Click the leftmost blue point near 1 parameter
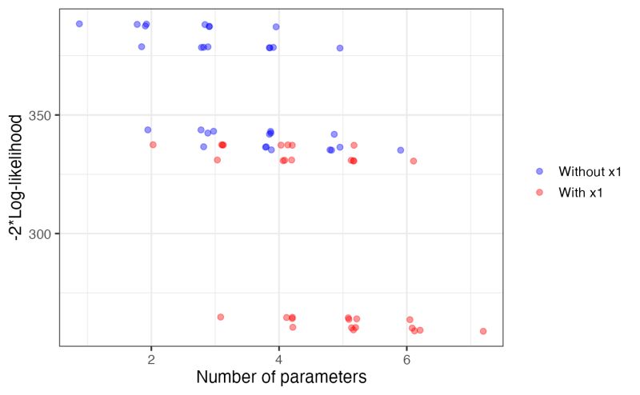pyautogui.click(x=79, y=24)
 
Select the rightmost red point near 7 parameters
pyautogui.click(x=483, y=331)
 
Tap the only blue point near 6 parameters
pyautogui.click(x=401, y=150)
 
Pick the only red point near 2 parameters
pyautogui.click(x=153, y=145)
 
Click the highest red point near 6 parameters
pyautogui.click(x=414, y=161)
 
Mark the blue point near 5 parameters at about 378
pyautogui.click(x=340, y=48)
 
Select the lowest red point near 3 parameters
pyautogui.click(x=221, y=317)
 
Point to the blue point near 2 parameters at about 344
pyautogui.click(x=148, y=130)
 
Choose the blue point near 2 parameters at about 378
pyautogui.click(x=142, y=46)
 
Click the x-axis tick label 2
pyautogui.click(x=151, y=359)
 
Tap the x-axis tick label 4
pyautogui.click(x=278, y=359)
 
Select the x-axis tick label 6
pyautogui.click(x=406, y=359)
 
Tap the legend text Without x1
pyautogui.click(x=590, y=171)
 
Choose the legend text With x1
pyautogui.click(x=582, y=192)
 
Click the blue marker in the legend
pyautogui.click(x=540, y=171)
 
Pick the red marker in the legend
pyautogui.click(x=540, y=192)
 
